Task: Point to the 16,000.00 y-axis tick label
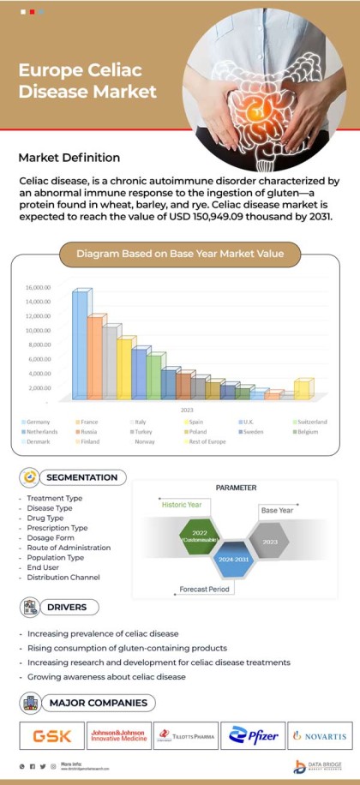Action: (x=39, y=288)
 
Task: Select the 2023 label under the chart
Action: (x=186, y=410)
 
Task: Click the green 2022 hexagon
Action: (x=200, y=536)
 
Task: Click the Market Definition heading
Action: (x=69, y=159)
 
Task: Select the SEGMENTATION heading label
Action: (x=81, y=477)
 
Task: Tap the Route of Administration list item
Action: (x=69, y=548)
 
